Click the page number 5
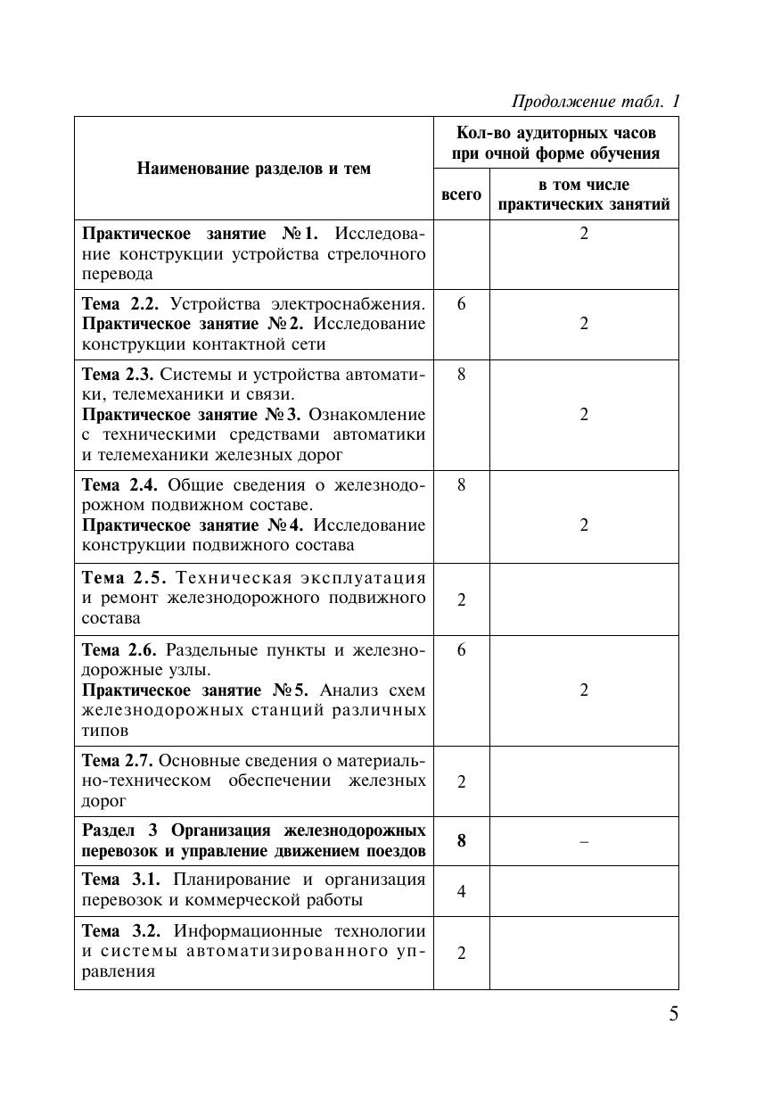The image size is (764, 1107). [x=673, y=1014]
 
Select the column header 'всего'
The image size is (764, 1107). [x=461, y=194]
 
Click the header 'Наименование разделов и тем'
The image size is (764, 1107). [x=254, y=169]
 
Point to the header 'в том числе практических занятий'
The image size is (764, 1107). [x=584, y=194]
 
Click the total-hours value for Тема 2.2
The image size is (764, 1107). [x=461, y=304]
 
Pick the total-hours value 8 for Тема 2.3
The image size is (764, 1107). [x=461, y=375]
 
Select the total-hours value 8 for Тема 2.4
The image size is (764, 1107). [x=461, y=485]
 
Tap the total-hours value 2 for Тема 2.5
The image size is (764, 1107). [x=461, y=599]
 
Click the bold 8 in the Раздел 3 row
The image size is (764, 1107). [x=461, y=841]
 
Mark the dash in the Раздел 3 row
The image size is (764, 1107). [x=584, y=841]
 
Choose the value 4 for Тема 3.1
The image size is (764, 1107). [x=461, y=891]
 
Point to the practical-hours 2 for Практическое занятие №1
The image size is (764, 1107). [x=584, y=235]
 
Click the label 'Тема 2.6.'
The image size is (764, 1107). [x=119, y=650]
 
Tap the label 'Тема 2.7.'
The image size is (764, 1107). [x=118, y=761]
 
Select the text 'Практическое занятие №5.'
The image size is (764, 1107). [x=196, y=691]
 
